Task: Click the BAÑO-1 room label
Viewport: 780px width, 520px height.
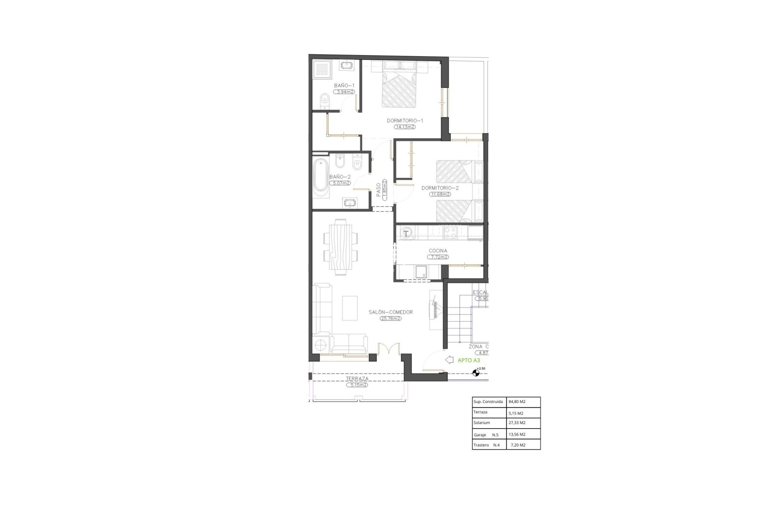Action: pos(344,86)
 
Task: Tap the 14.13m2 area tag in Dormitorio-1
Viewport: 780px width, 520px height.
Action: pos(405,127)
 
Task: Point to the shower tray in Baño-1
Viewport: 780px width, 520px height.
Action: pos(323,70)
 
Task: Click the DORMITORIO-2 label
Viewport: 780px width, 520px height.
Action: pos(440,188)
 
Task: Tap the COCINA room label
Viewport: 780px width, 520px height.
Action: pos(438,251)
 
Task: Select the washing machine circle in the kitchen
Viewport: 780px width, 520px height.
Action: pos(406,233)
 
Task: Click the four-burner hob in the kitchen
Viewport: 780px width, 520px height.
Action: pos(450,232)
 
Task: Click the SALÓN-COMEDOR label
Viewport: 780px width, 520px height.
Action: pos(390,312)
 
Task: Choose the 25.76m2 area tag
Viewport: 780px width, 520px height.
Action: pos(391,318)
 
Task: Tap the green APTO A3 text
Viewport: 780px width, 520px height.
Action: pos(469,360)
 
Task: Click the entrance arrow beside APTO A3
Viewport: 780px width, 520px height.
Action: pos(449,360)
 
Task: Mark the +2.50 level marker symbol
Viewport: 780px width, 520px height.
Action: pos(476,373)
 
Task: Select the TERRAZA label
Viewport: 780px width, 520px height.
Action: pos(357,379)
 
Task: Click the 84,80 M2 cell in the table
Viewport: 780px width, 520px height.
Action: pos(517,402)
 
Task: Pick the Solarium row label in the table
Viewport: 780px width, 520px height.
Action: pos(482,423)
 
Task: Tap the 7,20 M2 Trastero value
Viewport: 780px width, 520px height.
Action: pos(518,445)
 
